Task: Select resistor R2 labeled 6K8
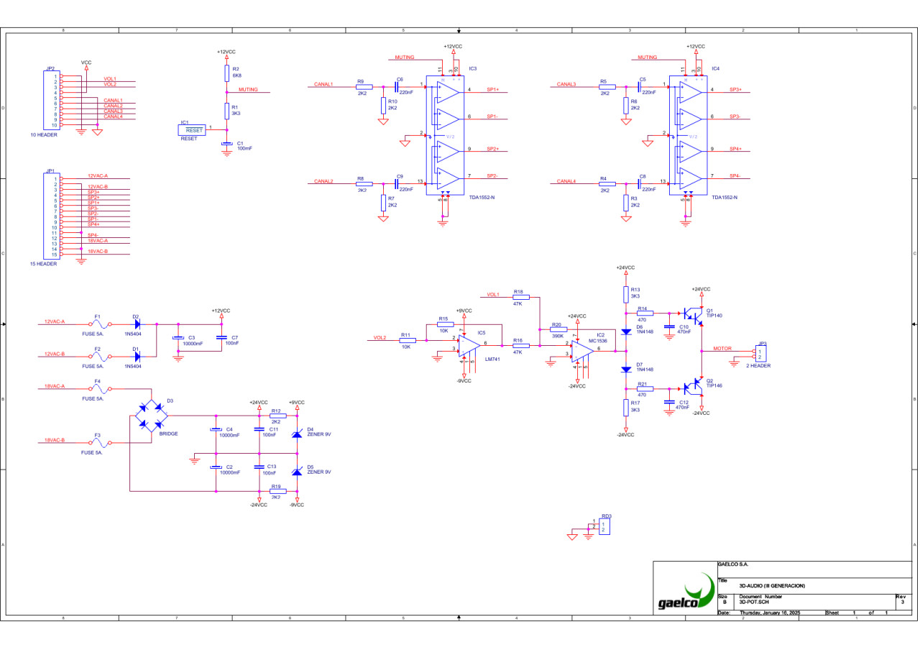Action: point(226,74)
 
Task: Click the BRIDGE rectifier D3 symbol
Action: point(152,416)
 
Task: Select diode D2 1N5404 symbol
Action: point(136,324)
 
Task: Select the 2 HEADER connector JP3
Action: point(761,353)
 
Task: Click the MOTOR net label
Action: point(722,349)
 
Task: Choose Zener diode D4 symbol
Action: point(297,434)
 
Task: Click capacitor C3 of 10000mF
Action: point(178,339)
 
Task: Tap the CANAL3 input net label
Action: point(566,84)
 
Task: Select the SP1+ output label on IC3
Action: point(492,90)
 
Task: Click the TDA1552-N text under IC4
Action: point(724,197)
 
